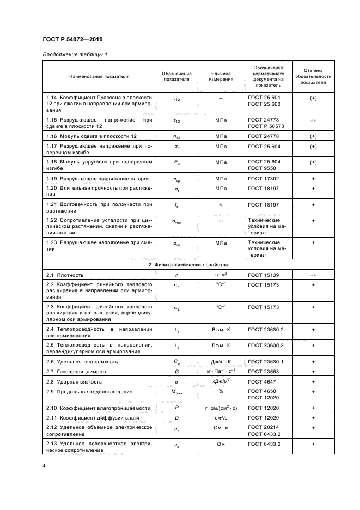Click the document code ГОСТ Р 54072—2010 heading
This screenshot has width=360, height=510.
tap(72, 40)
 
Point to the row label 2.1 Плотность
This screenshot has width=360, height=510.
tap(65, 275)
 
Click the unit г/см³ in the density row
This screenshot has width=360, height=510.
tap(222, 275)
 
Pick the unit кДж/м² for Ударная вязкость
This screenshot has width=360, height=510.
tap(222, 381)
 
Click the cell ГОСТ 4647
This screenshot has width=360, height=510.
tap(261, 381)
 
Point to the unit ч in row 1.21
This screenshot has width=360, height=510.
tap(222, 205)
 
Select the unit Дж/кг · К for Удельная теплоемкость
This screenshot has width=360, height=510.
tap(222, 361)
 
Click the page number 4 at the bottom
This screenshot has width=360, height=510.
tap(44, 466)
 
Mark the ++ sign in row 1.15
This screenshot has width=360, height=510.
tap(314, 120)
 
